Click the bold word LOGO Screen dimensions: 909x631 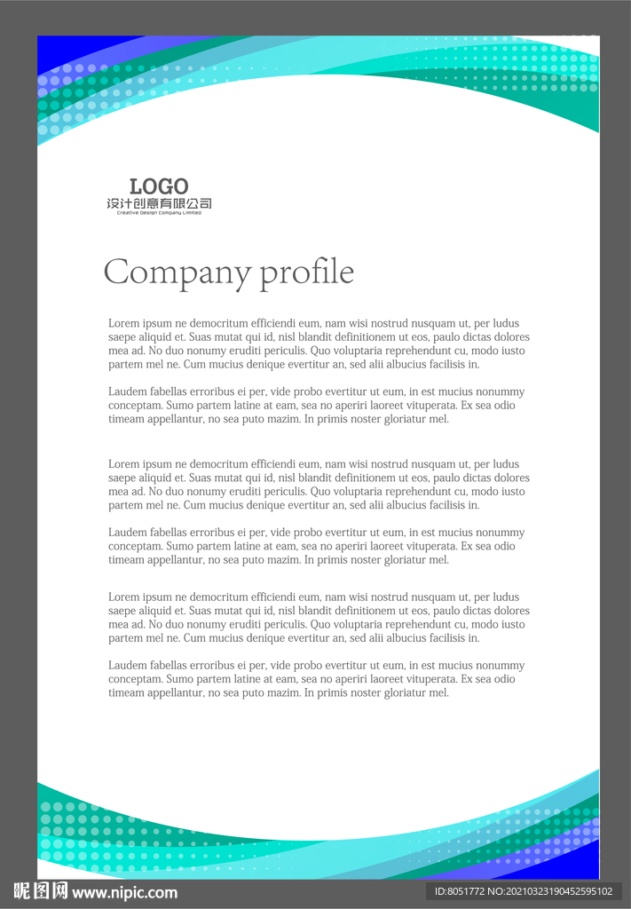[x=159, y=186]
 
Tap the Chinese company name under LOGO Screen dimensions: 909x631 [x=159, y=204]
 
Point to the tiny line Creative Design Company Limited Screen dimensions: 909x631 [x=159, y=213]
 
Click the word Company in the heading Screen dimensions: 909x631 [x=177, y=273]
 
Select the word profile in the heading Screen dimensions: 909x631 [x=307, y=273]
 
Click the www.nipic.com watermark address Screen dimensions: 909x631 [x=125, y=893]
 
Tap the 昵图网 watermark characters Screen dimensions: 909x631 [x=40, y=891]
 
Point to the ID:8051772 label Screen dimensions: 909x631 [x=459, y=891]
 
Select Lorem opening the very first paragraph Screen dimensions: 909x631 [x=123, y=324]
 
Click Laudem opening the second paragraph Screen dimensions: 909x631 [x=127, y=392]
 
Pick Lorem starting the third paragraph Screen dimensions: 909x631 [x=123, y=464]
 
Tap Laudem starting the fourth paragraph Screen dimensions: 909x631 [x=127, y=533]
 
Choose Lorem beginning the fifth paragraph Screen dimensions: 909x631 [x=123, y=597]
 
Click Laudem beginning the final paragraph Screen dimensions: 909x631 [x=127, y=666]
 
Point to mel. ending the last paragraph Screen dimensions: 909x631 [x=439, y=693]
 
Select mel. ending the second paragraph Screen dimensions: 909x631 [x=439, y=420]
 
